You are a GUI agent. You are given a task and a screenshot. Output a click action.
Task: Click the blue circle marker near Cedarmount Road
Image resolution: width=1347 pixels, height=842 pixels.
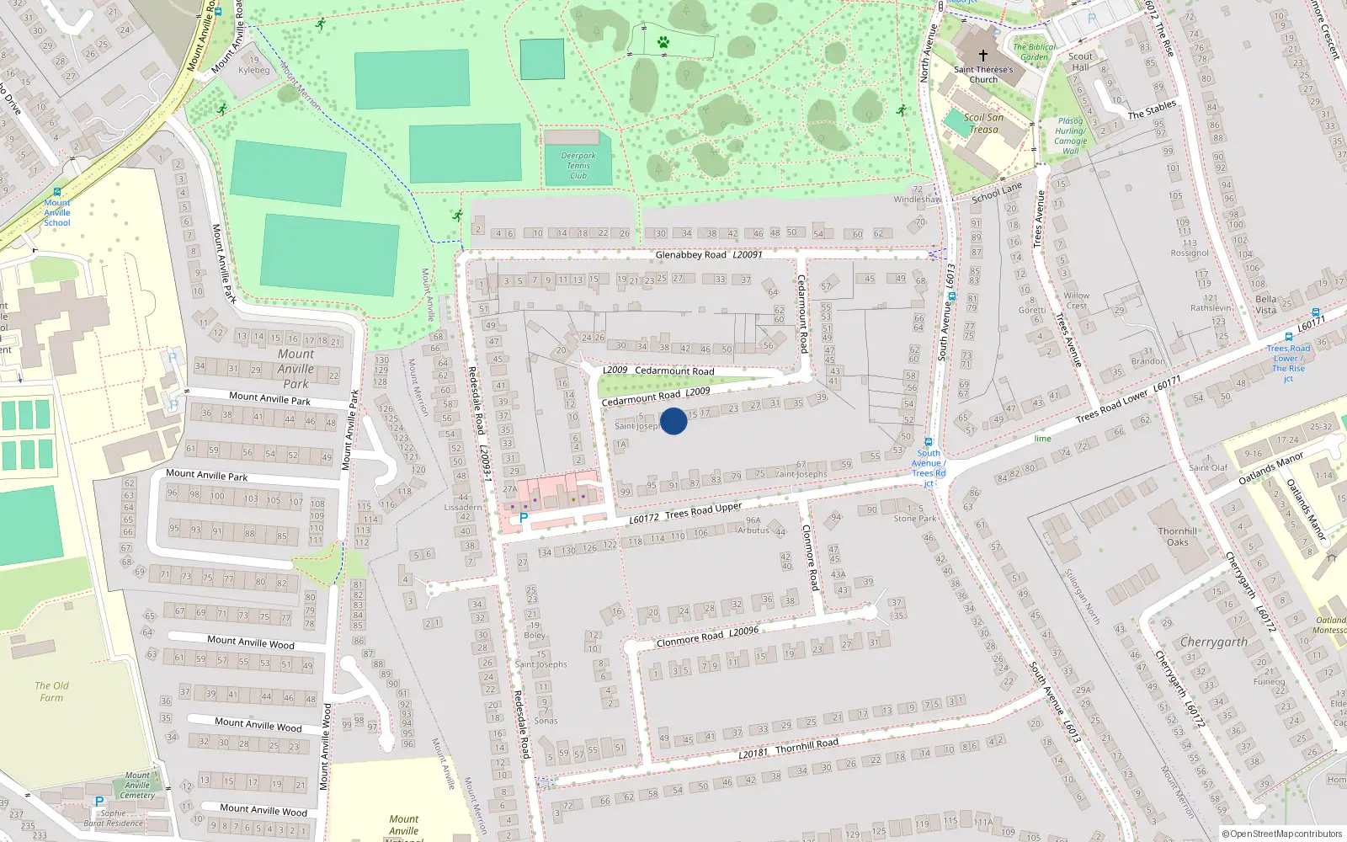pos(673,421)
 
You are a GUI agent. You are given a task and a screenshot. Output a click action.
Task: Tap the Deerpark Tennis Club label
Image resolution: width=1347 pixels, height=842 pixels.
pos(578,165)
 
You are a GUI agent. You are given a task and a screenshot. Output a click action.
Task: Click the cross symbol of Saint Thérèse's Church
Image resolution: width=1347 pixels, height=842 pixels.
pos(982,56)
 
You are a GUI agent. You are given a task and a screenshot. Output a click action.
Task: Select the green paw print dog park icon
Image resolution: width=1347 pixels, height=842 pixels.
pos(663,41)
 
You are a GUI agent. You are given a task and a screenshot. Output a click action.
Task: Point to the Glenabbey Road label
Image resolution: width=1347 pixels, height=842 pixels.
pos(690,254)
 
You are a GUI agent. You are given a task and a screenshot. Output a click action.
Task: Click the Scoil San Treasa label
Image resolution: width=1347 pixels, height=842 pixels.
pos(983,124)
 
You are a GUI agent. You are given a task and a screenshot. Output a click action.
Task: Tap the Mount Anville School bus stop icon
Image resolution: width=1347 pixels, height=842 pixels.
pos(56,192)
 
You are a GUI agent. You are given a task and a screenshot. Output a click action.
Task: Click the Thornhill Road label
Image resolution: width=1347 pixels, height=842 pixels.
pos(807,746)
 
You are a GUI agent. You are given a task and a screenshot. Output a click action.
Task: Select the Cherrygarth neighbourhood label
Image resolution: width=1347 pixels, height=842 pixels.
pos(1213,642)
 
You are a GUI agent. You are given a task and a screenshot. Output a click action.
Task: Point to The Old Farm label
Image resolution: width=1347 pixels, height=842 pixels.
pos(51,691)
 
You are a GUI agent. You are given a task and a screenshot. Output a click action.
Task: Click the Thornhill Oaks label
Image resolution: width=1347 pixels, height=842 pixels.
pos(1178,536)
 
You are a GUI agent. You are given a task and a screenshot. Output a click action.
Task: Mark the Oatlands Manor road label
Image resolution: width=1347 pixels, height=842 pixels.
pos(1270,469)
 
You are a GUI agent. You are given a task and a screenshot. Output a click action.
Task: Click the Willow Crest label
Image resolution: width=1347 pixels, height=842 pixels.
pos(1076,301)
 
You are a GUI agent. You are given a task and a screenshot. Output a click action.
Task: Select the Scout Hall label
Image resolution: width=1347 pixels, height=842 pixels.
pos(1080,61)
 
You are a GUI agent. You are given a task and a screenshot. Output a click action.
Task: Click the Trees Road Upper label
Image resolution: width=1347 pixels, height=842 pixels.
pos(703,510)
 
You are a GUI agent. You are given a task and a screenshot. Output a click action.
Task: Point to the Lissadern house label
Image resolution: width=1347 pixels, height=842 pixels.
pos(463,507)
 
